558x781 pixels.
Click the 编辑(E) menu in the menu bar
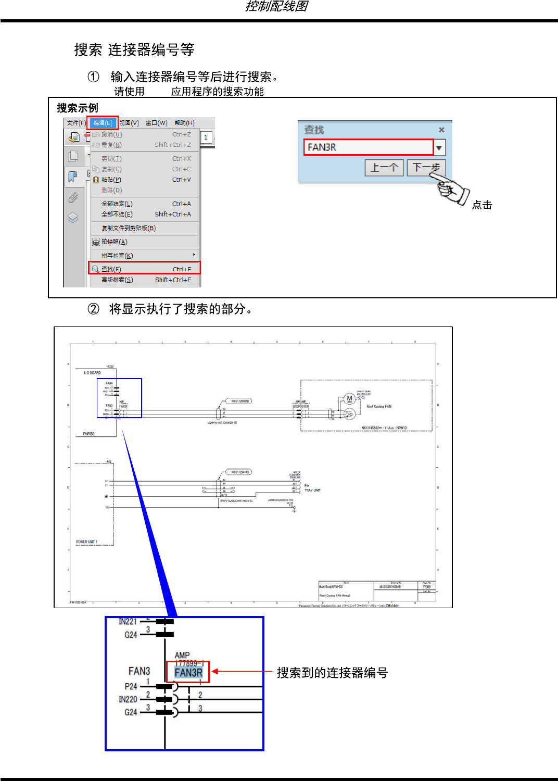103,123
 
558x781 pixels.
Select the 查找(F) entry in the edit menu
111,269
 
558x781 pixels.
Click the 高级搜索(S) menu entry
117,280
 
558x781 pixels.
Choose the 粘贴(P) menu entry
111,180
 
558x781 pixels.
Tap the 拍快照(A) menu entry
114,242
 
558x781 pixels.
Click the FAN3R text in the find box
322,147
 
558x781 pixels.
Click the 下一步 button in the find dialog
426,167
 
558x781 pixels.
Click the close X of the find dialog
441,130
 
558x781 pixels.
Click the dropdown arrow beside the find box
439,148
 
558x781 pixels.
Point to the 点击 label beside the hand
482,205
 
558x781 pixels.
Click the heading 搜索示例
78,108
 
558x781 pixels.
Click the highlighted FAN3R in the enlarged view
188,673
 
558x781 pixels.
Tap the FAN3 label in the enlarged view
139,671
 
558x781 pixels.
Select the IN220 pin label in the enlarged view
128,699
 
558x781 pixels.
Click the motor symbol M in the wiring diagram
349,399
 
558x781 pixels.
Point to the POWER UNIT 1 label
86,542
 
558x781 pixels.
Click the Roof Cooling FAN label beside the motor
379,407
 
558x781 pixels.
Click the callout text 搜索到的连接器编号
332,673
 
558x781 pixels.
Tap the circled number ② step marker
93,309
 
